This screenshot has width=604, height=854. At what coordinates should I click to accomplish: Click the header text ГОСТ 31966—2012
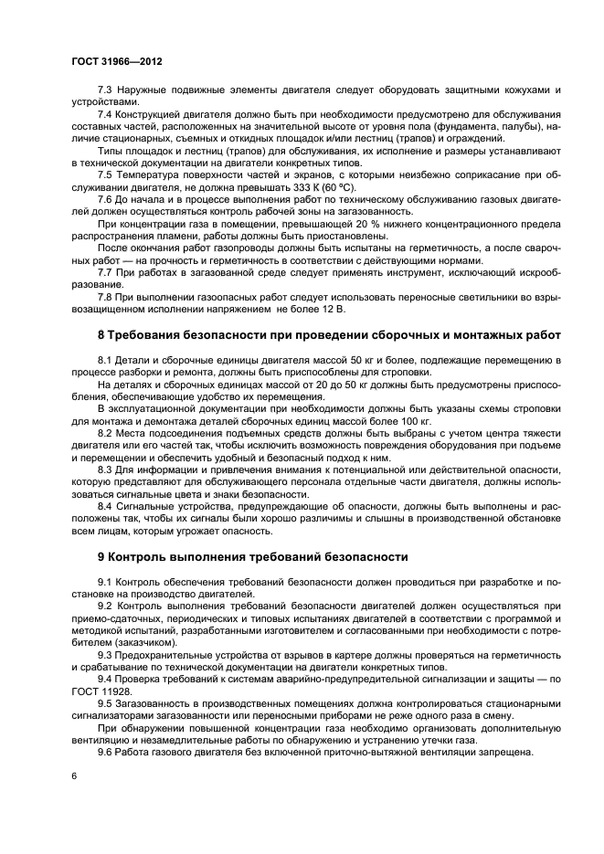click(111, 61)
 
